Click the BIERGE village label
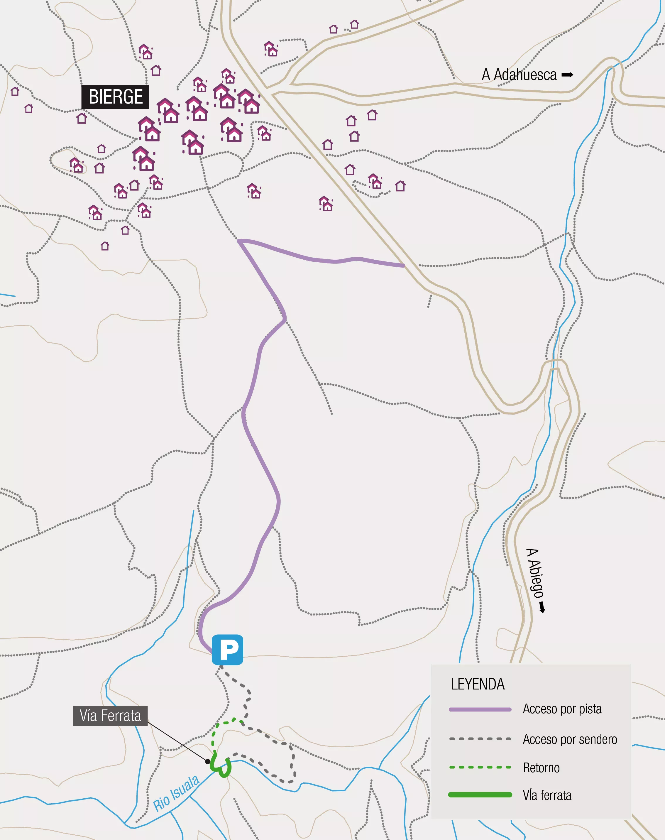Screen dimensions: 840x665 click(x=115, y=97)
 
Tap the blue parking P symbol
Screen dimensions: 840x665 click(x=227, y=650)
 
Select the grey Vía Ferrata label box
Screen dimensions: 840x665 click(x=110, y=716)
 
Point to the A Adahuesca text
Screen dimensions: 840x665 click(x=519, y=75)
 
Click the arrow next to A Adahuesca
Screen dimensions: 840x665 click(x=567, y=75)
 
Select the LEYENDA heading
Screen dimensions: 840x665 click(x=477, y=684)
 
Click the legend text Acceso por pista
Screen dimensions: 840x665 click(x=562, y=709)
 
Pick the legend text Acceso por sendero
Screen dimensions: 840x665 click(x=570, y=739)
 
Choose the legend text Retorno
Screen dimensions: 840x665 click(x=541, y=768)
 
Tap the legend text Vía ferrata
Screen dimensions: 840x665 click(x=547, y=795)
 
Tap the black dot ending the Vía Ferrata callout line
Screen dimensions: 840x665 click(x=208, y=761)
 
